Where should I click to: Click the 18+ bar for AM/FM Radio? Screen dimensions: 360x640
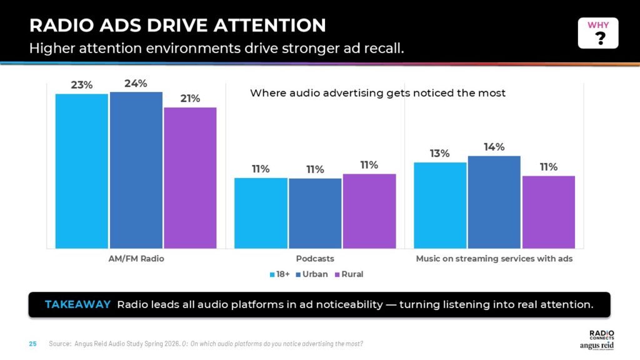(x=81, y=171)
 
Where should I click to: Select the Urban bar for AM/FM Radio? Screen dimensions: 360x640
(x=136, y=170)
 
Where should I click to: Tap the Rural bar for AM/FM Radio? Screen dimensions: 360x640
(x=190, y=177)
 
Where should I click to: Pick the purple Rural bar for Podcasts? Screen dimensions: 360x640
(x=369, y=211)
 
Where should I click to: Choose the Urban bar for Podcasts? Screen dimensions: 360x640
(x=315, y=213)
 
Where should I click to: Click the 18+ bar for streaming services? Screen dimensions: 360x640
(x=440, y=205)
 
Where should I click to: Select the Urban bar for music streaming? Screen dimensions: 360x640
(x=494, y=202)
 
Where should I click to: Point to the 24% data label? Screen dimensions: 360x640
(x=136, y=84)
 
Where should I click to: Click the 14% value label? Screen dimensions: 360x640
(x=494, y=147)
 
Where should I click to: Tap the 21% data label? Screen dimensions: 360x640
(x=190, y=99)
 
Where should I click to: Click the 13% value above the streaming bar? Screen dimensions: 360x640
(x=440, y=154)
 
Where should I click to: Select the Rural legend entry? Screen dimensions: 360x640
(x=349, y=274)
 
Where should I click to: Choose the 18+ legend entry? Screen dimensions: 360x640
(x=280, y=274)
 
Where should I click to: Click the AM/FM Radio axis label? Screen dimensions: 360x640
(x=136, y=258)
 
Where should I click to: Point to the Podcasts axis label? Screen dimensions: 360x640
(x=315, y=258)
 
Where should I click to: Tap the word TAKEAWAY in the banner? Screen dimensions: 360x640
(x=77, y=304)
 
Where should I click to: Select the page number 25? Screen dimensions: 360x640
(x=33, y=344)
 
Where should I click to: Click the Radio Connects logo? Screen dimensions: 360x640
(x=602, y=335)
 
